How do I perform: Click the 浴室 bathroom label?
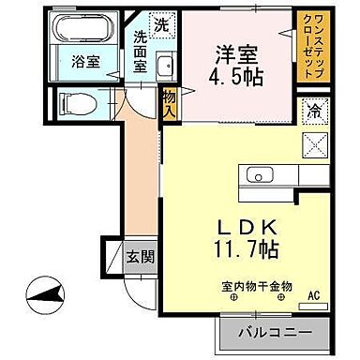coord(81,66)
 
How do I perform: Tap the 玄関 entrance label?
coord(141,254)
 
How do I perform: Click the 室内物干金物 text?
coord(257,285)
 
